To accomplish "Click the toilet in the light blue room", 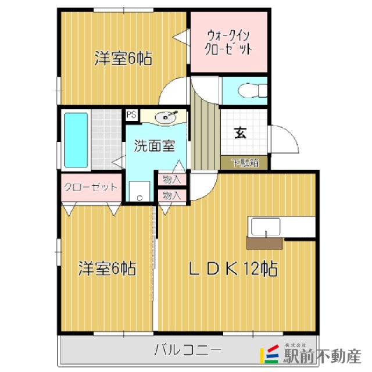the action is pos(252,91).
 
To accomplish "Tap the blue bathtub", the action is pos(76,140).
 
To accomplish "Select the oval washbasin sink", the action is pos(166,117).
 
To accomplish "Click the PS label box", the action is pos(132,115).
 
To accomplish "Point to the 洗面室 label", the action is pos(155,146).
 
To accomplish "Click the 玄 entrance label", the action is pos(240,133).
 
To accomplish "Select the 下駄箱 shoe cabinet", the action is pos(244,163).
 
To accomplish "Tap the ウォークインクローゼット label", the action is pos(228,42).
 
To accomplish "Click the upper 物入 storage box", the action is pos(172,179).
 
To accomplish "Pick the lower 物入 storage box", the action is pos(172,195).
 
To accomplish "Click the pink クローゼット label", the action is pos(91,187).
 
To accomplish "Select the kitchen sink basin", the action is pos(266,227).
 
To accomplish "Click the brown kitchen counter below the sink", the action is pos(264,243).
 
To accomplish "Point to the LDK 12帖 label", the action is pos(233,269).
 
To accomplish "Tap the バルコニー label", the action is pos(188,350).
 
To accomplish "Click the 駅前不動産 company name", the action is pos(322,356).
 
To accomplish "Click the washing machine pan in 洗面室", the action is pos(139,191).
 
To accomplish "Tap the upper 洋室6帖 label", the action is pos(123,58).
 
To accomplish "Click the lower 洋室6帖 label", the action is pos(107,269).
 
